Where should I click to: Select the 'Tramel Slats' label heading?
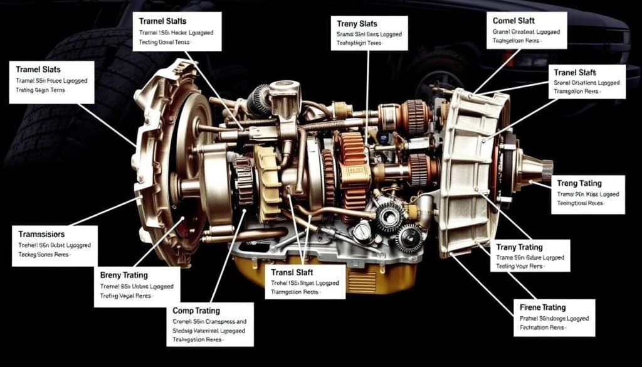[x=38, y=68]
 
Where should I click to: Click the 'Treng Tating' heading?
[x=579, y=183]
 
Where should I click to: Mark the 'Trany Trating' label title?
[x=519, y=247]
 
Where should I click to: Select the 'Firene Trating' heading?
[x=543, y=307]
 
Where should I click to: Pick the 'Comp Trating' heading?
[x=196, y=311]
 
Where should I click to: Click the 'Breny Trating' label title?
[x=124, y=275]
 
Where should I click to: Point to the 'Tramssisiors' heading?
[x=42, y=233]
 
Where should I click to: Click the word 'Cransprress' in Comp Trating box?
[x=223, y=321]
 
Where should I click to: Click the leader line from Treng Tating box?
[x=543, y=184]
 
